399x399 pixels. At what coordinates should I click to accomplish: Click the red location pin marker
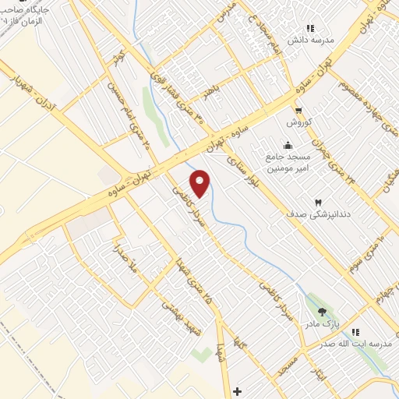(x=200, y=184)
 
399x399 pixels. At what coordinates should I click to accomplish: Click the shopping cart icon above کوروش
(x=298, y=111)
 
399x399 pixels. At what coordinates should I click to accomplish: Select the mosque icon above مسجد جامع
(x=288, y=144)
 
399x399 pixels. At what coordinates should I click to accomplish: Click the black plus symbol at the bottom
(x=238, y=390)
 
